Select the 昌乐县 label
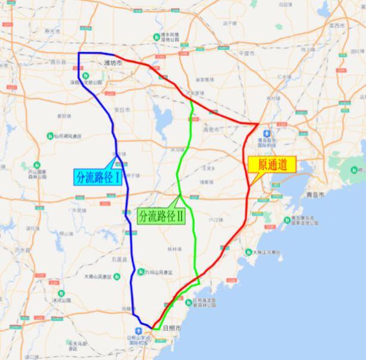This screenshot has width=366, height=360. pyautogui.click(x=59, y=61)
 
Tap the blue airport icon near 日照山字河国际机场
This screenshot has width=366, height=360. pyautogui.click(x=139, y=331)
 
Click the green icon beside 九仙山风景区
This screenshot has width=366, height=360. pyautogui.click(x=140, y=272)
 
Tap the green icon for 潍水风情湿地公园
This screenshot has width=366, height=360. pyautogui.click(x=156, y=35)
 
